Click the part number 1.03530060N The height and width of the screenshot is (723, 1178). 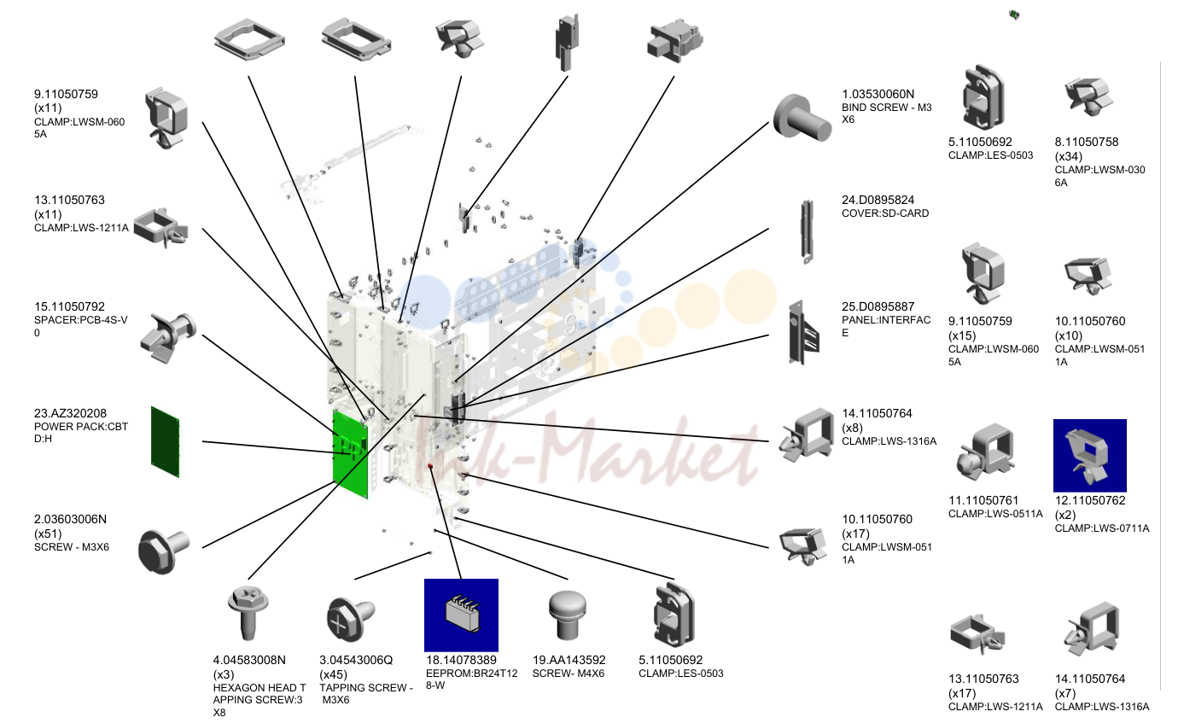878,94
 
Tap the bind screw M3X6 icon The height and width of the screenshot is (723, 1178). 802,119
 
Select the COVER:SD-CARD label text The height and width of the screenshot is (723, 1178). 885,213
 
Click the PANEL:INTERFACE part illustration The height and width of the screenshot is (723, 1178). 803,332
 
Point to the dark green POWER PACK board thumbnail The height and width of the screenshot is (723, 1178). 165,441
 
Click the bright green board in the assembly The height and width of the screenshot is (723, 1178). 350,454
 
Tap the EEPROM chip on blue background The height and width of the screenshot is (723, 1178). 461,615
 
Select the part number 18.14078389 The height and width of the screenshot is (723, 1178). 461,660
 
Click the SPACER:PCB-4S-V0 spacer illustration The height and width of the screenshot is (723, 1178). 168,337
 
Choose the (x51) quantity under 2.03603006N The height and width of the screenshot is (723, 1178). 48,534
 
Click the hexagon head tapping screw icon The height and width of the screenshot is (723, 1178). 248,613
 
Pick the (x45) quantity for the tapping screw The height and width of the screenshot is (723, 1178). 334,674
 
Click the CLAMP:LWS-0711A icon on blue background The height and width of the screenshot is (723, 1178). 1089,455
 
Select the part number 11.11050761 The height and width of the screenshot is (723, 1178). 983,500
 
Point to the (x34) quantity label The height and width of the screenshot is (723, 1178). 1069,157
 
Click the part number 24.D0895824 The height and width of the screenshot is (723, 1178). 878,200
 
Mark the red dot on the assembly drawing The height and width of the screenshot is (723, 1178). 430,466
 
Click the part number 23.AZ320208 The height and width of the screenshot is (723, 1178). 71,413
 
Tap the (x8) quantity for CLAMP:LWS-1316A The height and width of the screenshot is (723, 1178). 852,428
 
